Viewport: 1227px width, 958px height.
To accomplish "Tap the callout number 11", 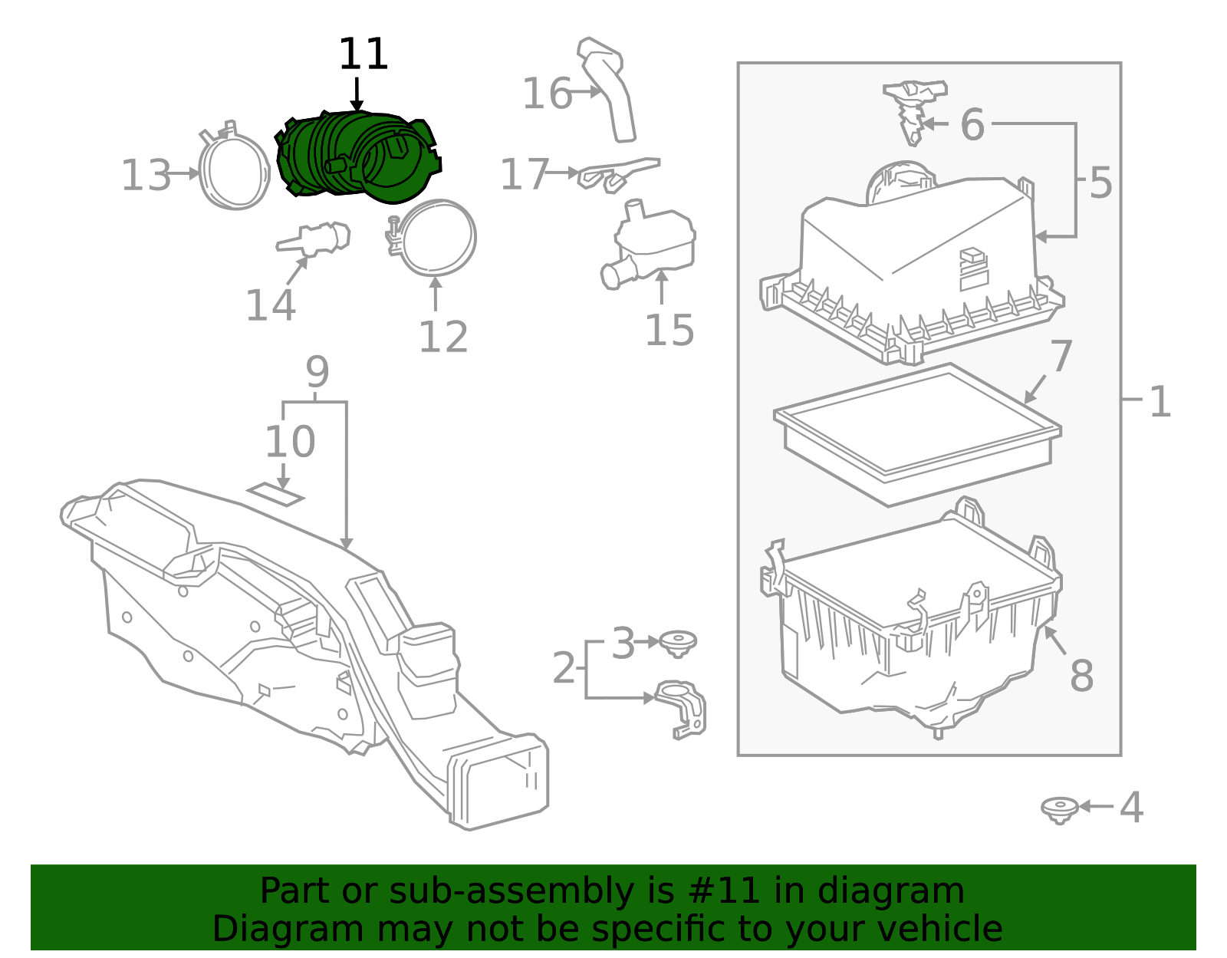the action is click(363, 54).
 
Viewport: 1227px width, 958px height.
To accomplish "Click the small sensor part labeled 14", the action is click(314, 239).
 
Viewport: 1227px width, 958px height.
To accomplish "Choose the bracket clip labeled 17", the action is click(618, 174).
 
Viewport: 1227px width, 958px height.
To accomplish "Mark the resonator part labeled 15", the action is click(650, 245).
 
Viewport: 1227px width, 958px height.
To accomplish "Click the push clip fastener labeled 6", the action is click(914, 112).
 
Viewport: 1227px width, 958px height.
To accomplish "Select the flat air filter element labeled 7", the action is click(917, 435).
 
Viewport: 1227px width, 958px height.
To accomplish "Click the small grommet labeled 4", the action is click(1059, 810).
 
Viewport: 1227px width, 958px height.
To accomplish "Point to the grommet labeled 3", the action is click(678, 644).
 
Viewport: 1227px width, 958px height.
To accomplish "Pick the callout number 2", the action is click(564, 668).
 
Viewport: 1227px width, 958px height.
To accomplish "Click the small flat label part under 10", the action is click(275, 494).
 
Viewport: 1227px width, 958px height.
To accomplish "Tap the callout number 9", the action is click(317, 372).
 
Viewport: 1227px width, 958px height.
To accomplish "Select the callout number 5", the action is click(1100, 183).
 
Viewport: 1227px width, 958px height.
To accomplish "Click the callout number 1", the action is click(1160, 402).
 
